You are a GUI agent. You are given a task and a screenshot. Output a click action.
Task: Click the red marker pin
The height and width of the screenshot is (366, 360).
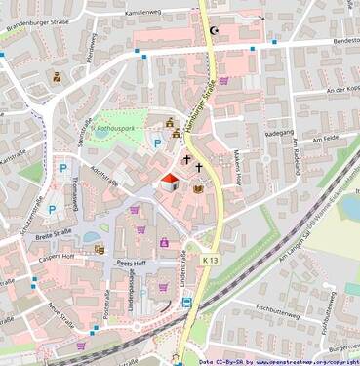pyautogui.click(x=168, y=182)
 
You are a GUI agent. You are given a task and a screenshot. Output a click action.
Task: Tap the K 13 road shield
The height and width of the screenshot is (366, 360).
pyautogui.click(x=212, y=260)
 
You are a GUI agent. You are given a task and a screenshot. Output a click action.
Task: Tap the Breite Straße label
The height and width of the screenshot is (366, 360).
pyautogui.click(x=55, y=234)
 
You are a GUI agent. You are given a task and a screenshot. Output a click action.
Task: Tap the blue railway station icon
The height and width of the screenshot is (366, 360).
pyautogui.click(x=185, y=302)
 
